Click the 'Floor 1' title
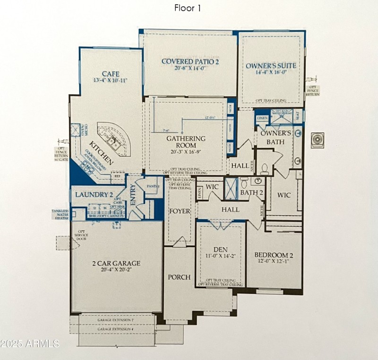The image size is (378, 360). (x=188, y=8)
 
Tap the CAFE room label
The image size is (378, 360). (x=111, y=74)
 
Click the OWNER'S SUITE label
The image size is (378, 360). (x=271, y=65)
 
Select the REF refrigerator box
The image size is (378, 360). (x=118, y=176)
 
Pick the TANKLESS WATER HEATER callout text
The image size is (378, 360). (x=61, y=214)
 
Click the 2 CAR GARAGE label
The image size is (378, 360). (x=116, y=263)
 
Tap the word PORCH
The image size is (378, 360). (x=179, y=277)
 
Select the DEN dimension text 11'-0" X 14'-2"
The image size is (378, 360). (x=221, y=256)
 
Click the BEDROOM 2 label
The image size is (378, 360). (x=275, y=254)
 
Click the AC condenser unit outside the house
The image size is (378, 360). (x=317, y=140)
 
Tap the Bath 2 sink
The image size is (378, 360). (x=258, y=181)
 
